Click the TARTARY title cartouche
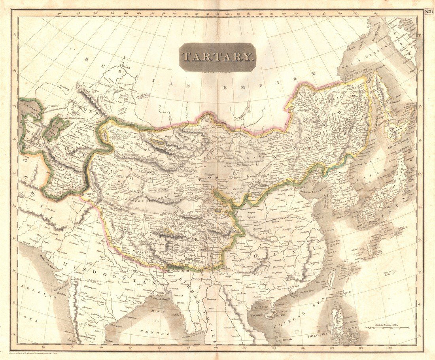(x=217, y=57)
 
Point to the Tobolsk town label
(x=125, y=67)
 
